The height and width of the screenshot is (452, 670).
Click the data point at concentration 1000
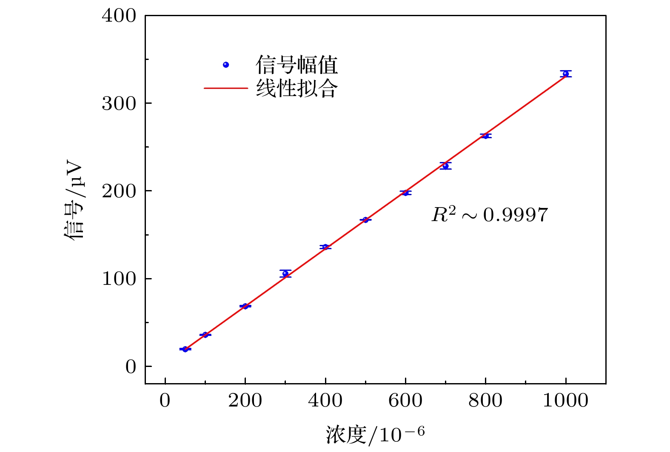(565, 74)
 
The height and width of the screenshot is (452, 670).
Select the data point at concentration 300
(285, 273)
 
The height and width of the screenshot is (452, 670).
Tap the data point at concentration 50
(185, 349)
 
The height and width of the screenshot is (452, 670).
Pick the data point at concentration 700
(445, 166)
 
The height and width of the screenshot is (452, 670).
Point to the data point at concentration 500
(365, 220)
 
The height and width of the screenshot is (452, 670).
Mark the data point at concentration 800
(485, 136)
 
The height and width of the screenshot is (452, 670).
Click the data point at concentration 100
(205, 335)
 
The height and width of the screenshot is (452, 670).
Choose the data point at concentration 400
(325, 247)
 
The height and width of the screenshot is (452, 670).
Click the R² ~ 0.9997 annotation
(490, 215)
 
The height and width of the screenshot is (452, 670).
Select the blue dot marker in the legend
(226, 65)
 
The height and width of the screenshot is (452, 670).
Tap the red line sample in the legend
(225, 88)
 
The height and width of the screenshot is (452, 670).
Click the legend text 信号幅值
(297, 65)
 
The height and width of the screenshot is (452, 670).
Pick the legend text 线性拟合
(297, 88)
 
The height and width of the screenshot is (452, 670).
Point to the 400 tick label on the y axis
(119, 16)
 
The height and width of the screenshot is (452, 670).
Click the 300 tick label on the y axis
(119, 103)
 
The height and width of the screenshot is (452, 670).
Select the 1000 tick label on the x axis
(565, 401)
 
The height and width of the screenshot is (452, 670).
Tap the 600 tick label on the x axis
(405, 401)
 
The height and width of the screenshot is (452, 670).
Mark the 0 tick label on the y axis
(131, 367)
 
